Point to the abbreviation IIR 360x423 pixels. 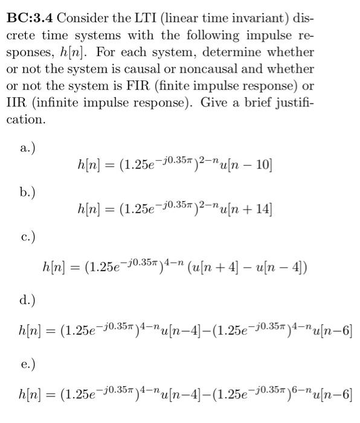[16, 103]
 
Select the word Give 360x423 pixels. [233, 103]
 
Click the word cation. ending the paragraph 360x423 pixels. [25, 120]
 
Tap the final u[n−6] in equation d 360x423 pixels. [335, 331]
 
